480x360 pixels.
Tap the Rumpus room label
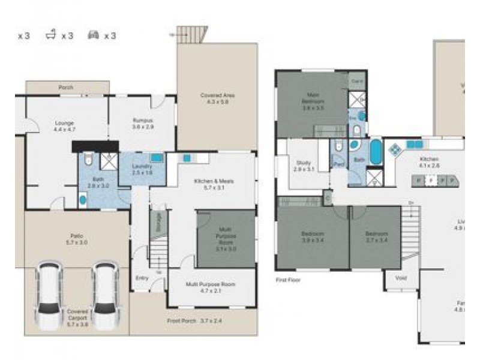(143, 124)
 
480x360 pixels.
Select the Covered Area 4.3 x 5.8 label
(217, 98)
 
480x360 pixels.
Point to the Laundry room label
(142, 169)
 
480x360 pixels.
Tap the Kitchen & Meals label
(213, 184)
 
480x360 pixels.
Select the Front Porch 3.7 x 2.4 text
(195, 321)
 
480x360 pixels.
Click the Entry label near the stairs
(142, 278)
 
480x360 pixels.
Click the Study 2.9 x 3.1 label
(304, 166)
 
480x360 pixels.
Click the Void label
(401, 278)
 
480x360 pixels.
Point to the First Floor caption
(287, 280)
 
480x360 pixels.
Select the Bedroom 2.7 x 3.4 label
(376, 236)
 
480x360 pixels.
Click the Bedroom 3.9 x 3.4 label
(313, 236)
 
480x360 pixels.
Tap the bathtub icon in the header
(52, 35)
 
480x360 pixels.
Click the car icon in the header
(94, 35)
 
